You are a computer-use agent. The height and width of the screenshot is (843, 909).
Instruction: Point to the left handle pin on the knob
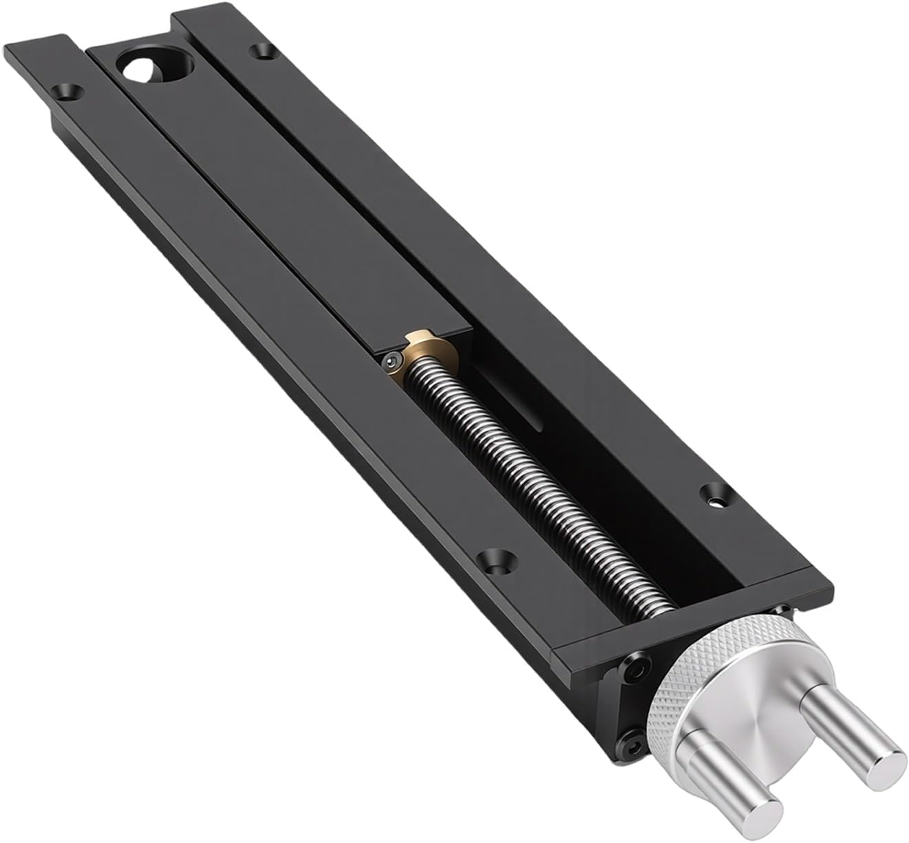[729, 770]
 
